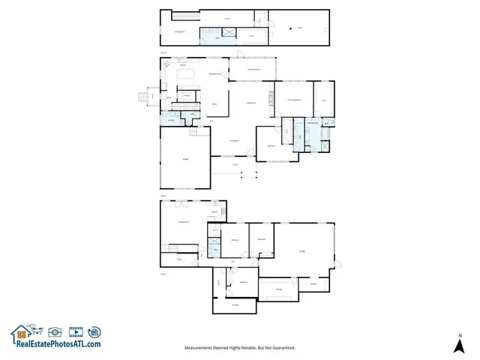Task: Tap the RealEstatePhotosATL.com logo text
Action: [x=56, y=344]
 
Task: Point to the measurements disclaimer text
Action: [x=240, y=348]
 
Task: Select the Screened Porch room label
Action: [x=254, y=70]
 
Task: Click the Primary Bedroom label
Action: [x=293, y=99]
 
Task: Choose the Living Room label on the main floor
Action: [x=252, y=103]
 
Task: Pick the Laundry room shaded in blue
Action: [x=170, y=120]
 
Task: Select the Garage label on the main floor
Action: [x=185, y=158]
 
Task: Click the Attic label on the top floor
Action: [x=300, y=28]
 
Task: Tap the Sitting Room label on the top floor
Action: [x=179, y=31]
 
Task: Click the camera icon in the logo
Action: [x=54, y=331]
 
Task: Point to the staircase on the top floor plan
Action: [x=206, y=31]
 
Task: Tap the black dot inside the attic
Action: [x=290, y=29]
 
